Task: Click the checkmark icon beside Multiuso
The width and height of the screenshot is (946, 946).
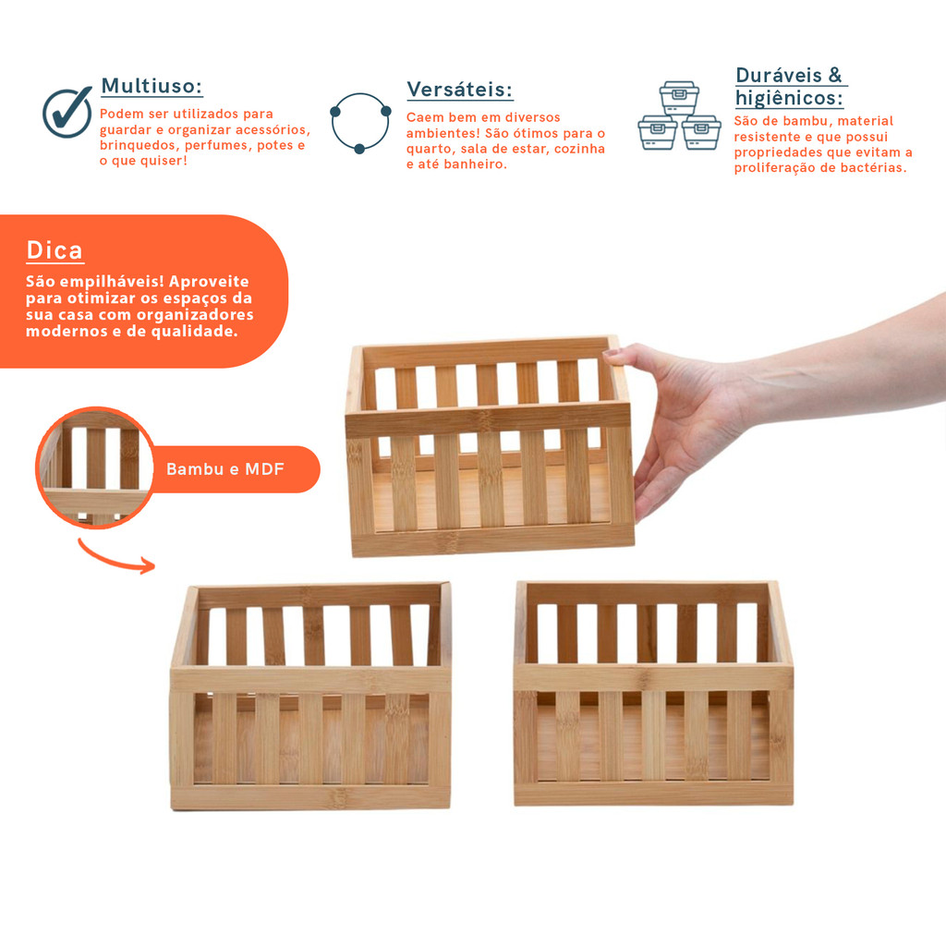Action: tap(67, 112)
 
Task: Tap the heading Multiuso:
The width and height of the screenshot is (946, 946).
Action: tap(152, 86)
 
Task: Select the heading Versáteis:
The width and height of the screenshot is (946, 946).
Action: tap(460, 90)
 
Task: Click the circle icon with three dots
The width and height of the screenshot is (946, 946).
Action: tap(360, 123)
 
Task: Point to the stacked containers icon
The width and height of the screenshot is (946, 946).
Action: tap(679, 115)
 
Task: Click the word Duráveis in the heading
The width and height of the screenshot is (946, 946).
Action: tap(779, 76)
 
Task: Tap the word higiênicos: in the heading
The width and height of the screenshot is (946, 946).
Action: tap(789, 98)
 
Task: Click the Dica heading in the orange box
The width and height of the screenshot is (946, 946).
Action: tap(55, 250)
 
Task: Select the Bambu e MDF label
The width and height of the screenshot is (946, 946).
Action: tap(225, 469)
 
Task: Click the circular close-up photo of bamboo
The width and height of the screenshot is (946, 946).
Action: tap(95, 467)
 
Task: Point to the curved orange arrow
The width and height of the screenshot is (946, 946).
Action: tap(115, 557)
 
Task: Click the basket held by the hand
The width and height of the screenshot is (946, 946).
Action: tap(490, 446)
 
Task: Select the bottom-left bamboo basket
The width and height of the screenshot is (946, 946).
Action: tap(310, 696)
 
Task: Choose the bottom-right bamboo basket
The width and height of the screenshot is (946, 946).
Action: tap(653, 693)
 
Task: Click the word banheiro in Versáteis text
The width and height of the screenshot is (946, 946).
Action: tap(474, 164)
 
